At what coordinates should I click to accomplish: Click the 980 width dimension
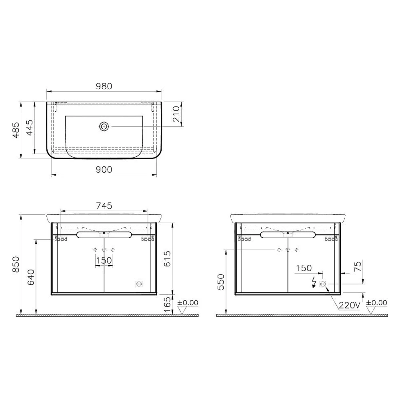[x=104, y=86]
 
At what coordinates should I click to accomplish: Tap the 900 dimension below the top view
[x=104, y=170]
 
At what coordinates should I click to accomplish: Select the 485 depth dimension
[x=16, y=130]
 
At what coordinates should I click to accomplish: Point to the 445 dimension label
[x=30, y=128]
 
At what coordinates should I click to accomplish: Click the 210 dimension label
[x=176, y=114]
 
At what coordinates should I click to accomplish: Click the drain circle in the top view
[x=104, y=126]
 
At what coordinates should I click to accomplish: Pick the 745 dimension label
[x=104, y=206]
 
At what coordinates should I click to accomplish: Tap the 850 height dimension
[x=16, y=264]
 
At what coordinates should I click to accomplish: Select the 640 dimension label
[x=31, y=277]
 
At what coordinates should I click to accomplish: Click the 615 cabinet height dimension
[x=167, y=259]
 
